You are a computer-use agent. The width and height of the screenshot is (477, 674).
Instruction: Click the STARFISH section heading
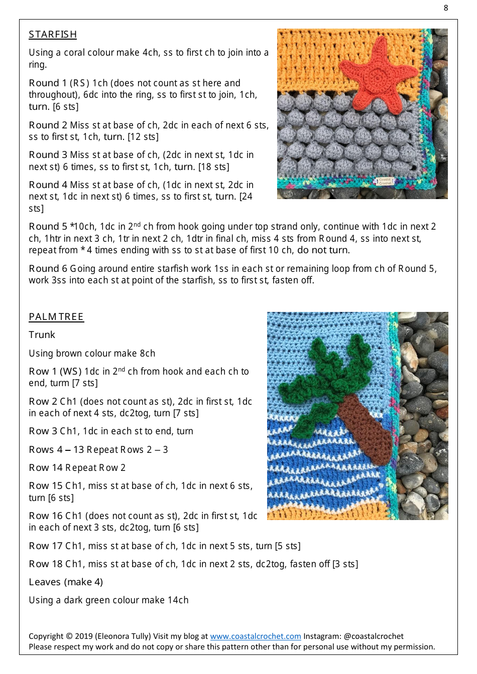pos(53,35)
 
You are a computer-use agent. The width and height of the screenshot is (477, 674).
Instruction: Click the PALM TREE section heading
pos(56,317)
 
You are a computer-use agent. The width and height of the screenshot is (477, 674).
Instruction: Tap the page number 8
pos(445,8)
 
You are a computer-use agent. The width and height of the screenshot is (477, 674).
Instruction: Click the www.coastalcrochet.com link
pos(255,636)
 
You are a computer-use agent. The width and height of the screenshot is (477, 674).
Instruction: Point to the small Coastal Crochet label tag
pos(385,181)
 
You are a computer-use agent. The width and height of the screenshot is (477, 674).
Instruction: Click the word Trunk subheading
pos(42,335)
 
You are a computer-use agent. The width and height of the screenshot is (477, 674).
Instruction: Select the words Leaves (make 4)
pos(66,582)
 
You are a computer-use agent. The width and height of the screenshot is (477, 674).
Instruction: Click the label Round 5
pos(48,227)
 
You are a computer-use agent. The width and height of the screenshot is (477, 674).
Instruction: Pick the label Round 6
pos(48,269)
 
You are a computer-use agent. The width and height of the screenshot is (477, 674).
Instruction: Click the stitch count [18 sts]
pos(212,167)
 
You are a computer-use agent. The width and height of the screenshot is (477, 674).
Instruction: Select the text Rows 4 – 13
pos(56,450)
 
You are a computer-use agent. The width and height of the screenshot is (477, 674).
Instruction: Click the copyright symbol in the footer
pos(69,636)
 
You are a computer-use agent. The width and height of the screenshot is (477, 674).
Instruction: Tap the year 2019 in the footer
pos(83,636)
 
